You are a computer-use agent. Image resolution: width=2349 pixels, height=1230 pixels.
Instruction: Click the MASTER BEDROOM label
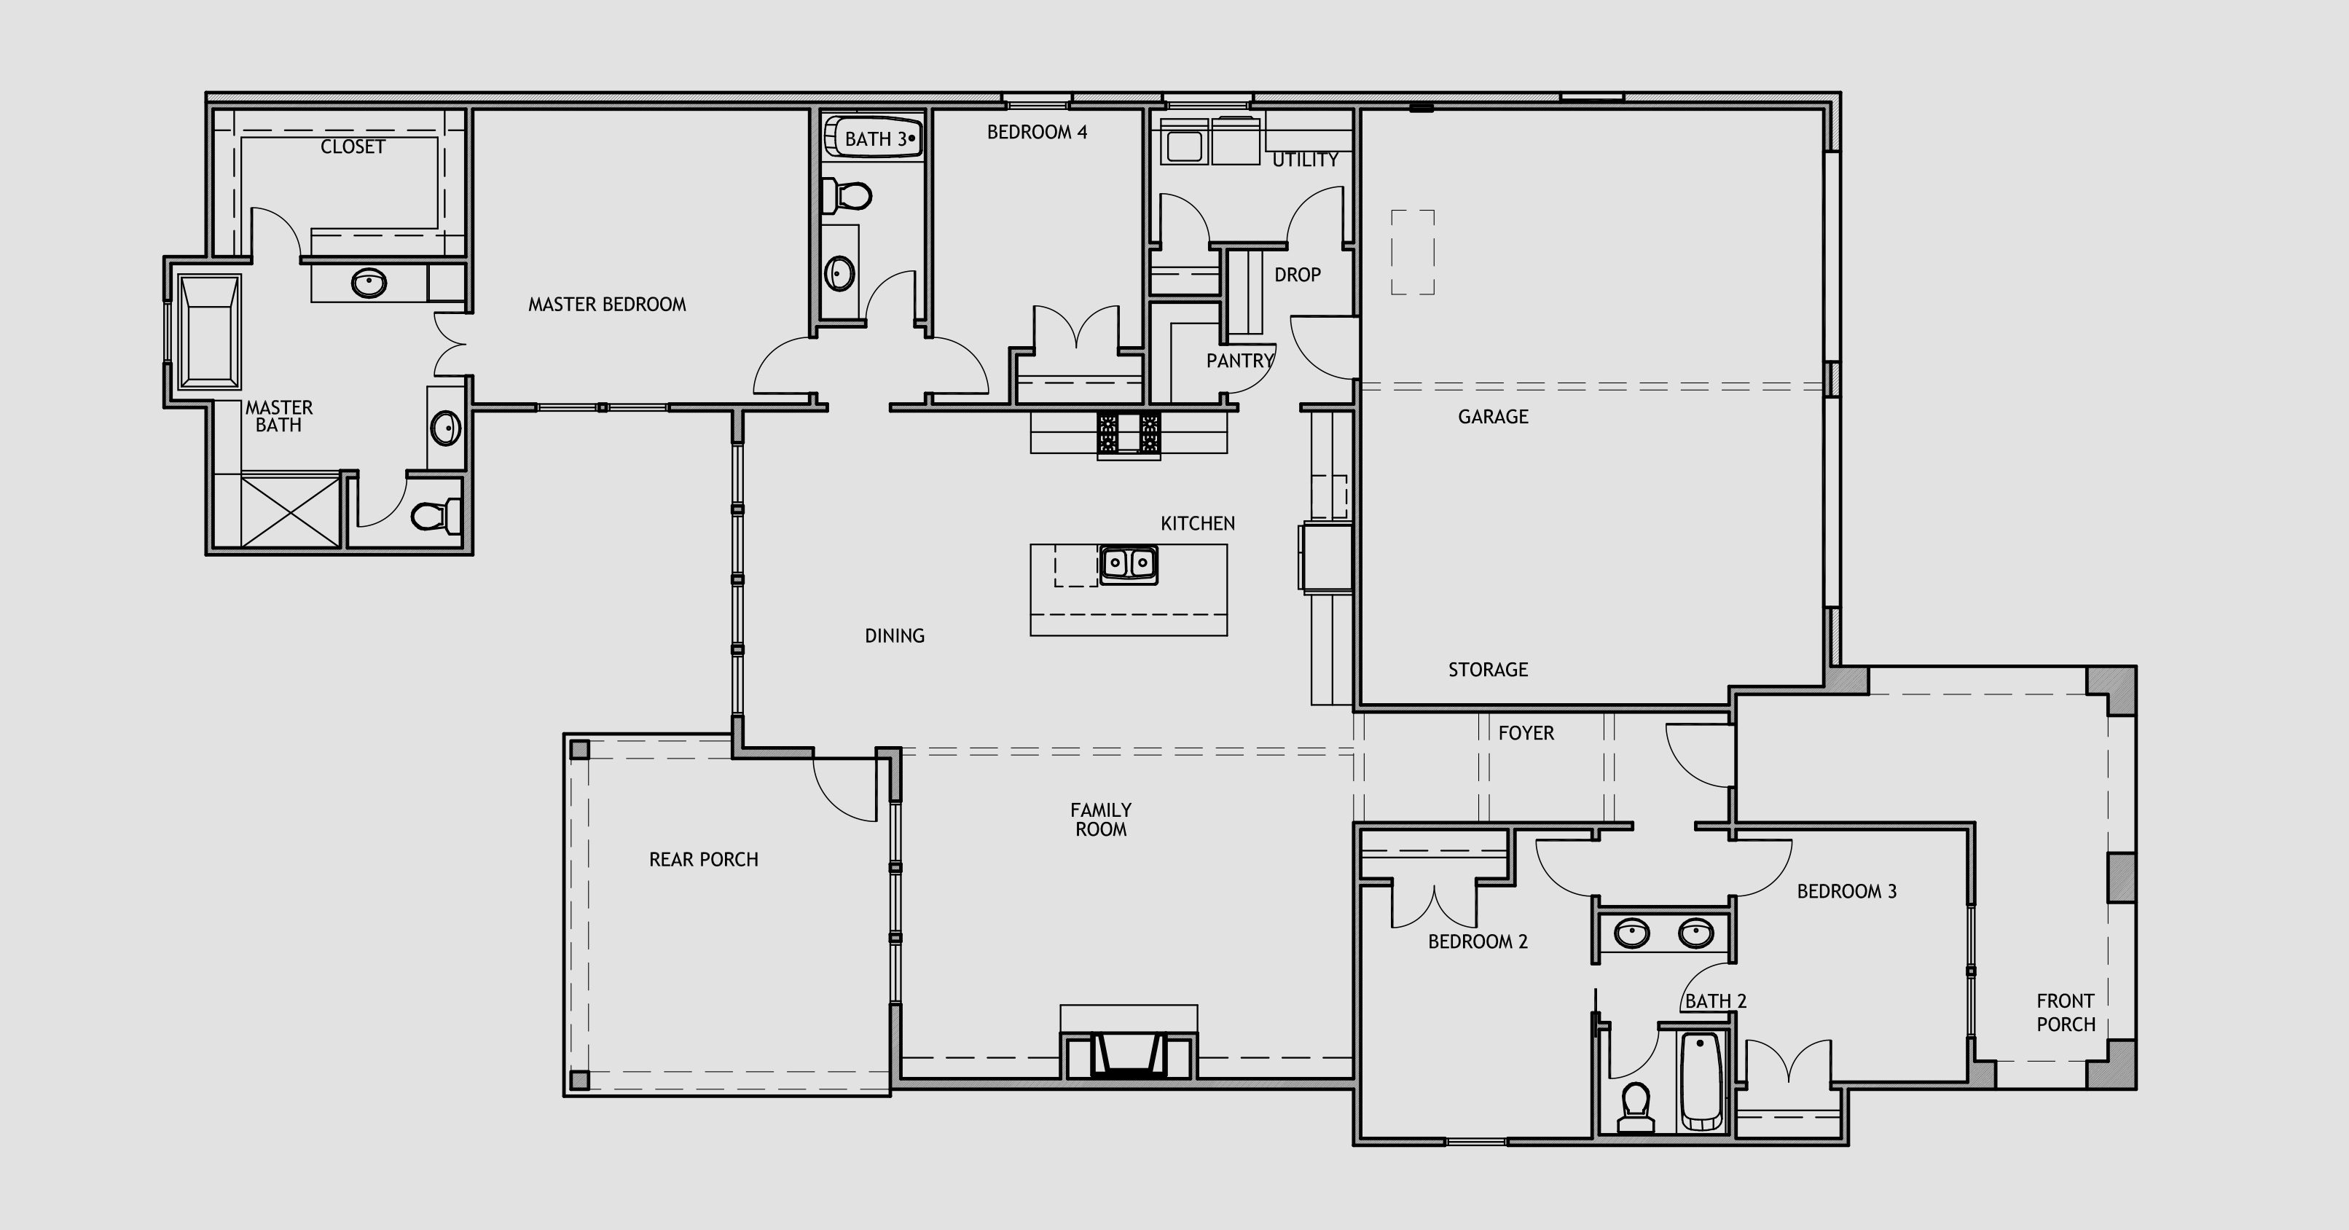[608, 305]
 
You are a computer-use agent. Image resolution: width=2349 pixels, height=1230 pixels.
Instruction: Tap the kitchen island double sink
[1129, 565]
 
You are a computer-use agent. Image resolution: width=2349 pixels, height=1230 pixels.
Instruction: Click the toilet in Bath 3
[846, 195]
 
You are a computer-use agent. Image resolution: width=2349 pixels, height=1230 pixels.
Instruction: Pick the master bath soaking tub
[210, 332]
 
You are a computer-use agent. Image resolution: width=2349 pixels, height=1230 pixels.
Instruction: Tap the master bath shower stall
[290, 511]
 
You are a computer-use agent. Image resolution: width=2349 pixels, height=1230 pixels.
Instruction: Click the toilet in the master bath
[435, 516]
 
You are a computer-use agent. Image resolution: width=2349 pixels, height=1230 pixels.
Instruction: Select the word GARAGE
[1493, 417]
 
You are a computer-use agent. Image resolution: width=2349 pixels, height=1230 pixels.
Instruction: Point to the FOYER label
[1526, 733]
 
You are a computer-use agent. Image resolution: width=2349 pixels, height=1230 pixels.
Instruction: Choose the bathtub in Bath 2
[1701, 1081]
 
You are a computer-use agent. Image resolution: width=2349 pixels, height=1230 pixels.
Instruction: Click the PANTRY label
[1240, 361]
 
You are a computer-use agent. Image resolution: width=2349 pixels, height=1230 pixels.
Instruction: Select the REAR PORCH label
[704, 860]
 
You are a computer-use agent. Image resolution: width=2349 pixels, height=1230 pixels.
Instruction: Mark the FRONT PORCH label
[2066, 1013]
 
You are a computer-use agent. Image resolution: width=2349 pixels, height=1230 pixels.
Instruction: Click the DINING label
[895, 635]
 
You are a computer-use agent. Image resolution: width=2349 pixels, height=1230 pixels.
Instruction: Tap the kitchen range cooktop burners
[1129, 433]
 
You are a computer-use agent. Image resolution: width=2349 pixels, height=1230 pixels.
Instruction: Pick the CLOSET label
[353, 146]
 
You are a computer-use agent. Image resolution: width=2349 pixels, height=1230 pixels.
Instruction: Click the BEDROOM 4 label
[1037, 132]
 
